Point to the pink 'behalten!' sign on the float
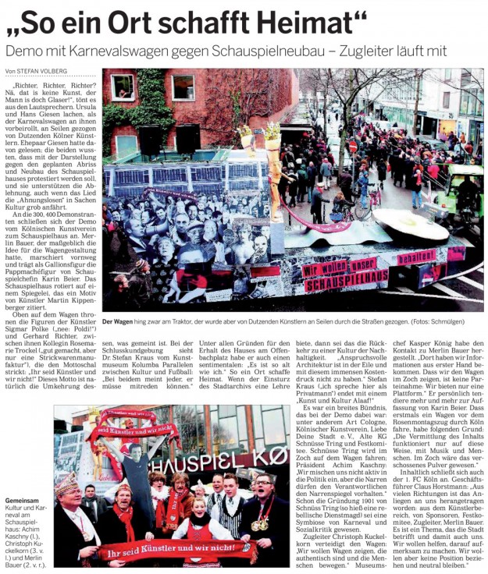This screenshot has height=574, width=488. point(416,256)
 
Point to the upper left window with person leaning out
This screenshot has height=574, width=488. point(123,87)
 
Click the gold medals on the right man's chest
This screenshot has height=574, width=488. point(264,521)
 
